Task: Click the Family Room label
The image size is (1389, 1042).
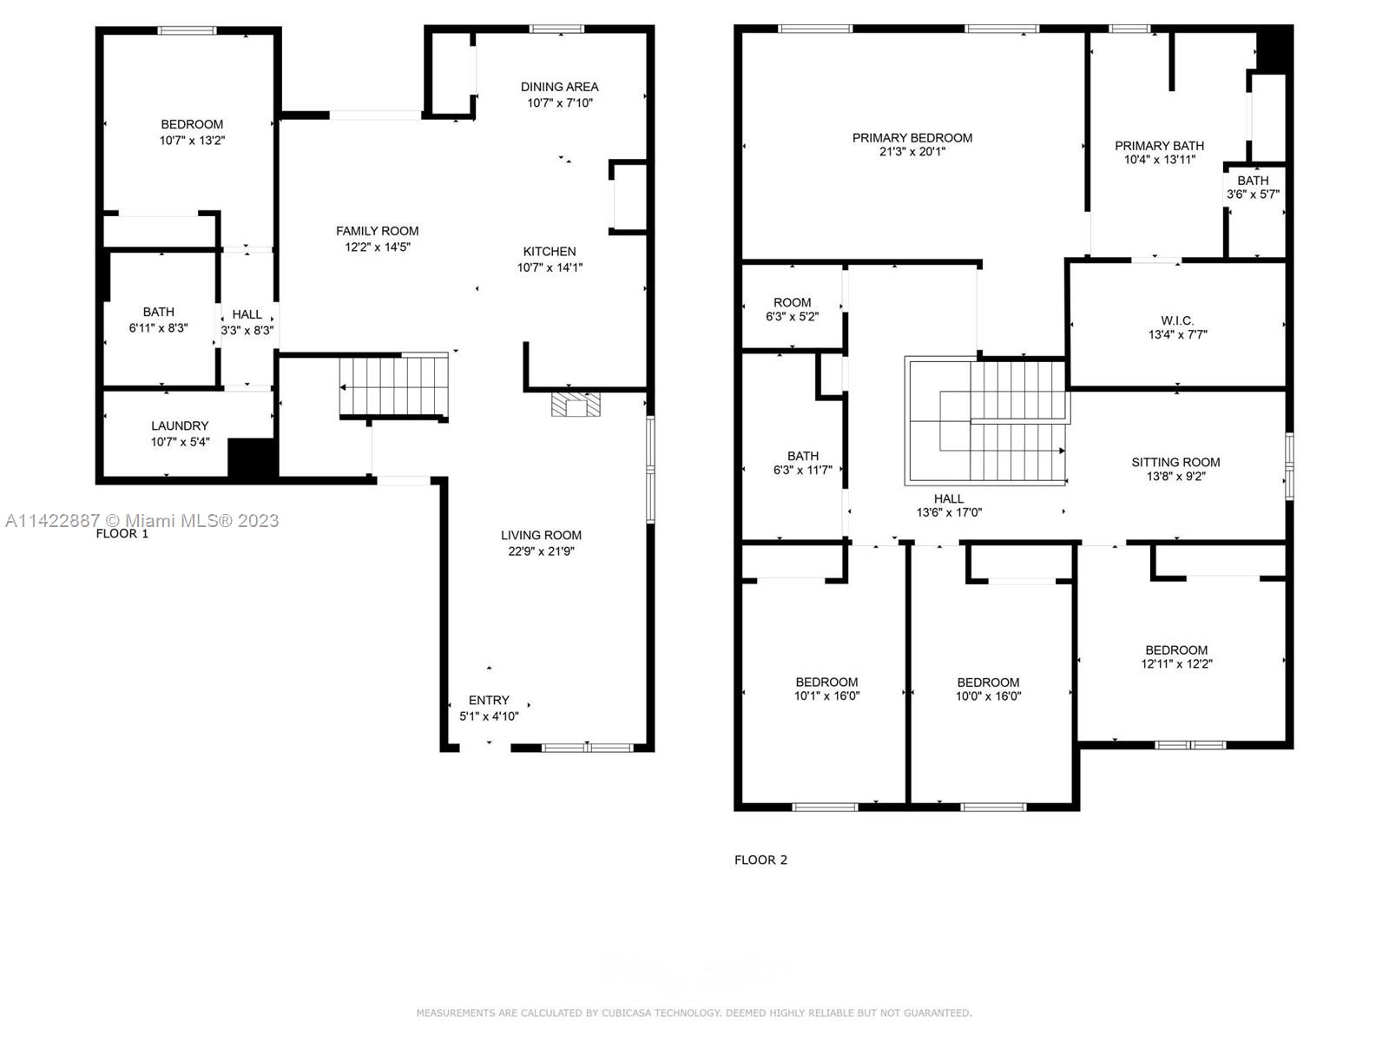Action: click(377, 231)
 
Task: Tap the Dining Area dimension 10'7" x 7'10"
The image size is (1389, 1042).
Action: click(559, 102)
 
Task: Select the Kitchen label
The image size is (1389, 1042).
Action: click(549, 252)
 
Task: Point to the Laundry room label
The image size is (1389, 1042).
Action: click(180, 425)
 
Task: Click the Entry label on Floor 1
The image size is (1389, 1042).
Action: click(489, 700)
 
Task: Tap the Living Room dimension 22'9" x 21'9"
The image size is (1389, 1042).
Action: click(541, 551)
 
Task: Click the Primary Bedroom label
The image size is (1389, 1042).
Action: click(912, 137)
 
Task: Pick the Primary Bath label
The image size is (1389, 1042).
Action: click(1159, 146)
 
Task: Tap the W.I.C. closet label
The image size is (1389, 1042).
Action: click(1177, 320)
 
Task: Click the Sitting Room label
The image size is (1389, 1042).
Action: click(1175, 462)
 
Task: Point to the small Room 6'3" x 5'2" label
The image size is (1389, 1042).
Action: click(792, 302)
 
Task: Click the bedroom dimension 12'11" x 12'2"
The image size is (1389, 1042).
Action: click(1176, 664)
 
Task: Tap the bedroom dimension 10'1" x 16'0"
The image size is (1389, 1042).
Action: click(826, 696)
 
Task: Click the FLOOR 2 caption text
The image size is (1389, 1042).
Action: click(760, 860)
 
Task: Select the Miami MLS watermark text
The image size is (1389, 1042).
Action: click(142, 520)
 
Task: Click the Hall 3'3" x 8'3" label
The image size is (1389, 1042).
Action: click(247, 314)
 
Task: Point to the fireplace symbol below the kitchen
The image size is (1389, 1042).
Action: click(576, 405)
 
